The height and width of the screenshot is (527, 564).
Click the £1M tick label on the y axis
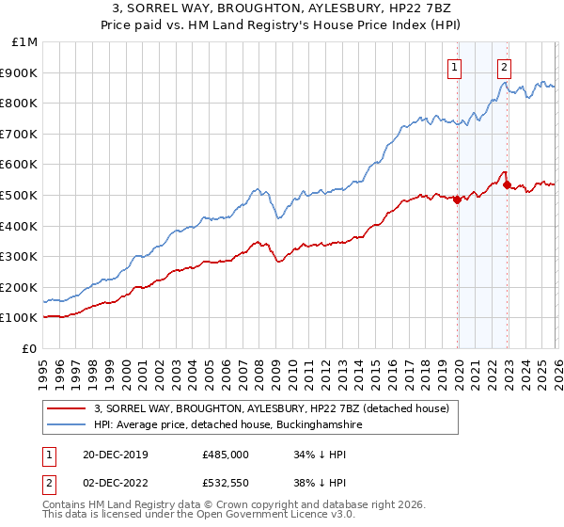(x=24, y=42)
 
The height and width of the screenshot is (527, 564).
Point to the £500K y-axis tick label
(x=20, y=196)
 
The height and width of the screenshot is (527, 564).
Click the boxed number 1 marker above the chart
(x=454, y=67)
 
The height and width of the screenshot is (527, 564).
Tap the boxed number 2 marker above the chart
(x=504, y=67)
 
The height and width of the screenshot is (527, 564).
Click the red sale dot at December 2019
(x=458, y=200)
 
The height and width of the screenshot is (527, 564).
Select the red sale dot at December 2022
(x=507, y=184)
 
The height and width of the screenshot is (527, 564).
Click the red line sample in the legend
(x=66, y=408)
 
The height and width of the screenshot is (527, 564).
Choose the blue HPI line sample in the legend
(x=66, y=425)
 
